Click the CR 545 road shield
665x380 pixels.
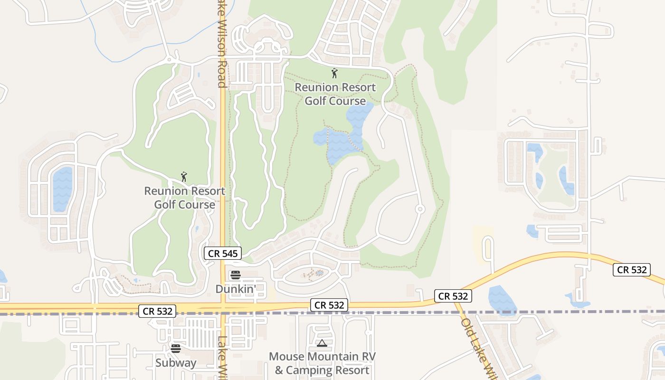coord(223,253)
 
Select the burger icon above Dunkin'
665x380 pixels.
coord(235,275)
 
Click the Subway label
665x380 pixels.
coord(176,363)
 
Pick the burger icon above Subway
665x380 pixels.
coord(176,349)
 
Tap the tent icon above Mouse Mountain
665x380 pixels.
coord(322,343)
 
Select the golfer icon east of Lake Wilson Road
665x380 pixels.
coord(334,73)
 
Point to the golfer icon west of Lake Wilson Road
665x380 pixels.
coord(184,177)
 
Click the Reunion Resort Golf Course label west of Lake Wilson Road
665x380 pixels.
coord(184,198)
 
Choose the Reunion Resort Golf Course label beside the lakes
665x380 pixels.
coord(335,94)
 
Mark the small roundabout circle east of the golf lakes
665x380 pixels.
coord(419,209)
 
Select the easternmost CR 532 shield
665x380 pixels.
coord(631,270)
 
